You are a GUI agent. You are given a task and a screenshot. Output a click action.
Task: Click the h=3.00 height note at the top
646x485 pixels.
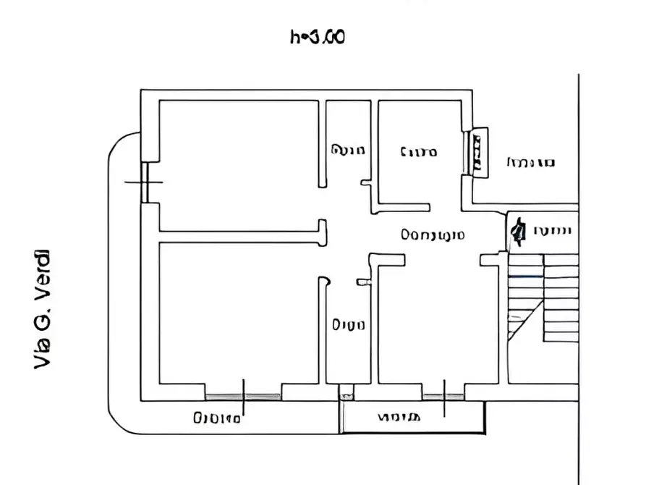317,37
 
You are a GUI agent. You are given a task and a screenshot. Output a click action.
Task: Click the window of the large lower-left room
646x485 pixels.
243,396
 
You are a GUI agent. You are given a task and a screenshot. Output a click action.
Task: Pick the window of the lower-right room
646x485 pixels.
443,396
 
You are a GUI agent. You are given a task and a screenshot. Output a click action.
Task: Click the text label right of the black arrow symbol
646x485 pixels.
553,232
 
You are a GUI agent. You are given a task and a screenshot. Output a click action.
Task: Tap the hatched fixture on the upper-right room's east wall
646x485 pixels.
477,151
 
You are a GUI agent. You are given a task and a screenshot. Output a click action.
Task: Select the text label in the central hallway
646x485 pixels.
433,235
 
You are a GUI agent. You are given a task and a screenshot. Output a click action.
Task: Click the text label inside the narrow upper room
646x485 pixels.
347,151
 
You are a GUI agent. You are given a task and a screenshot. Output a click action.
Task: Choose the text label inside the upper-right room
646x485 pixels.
418,152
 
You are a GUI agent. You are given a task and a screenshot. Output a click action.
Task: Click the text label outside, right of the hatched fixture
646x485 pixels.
530,162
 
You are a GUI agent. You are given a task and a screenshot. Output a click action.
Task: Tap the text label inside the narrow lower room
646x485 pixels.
348,325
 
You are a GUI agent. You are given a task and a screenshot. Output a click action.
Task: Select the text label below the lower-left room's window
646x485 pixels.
216,418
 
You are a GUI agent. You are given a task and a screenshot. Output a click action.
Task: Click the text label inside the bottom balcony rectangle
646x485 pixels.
398,418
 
